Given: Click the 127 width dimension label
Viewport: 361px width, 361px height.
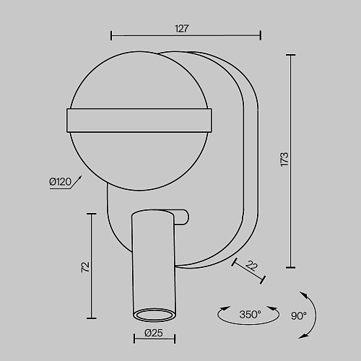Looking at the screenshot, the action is click(x=182, y=29).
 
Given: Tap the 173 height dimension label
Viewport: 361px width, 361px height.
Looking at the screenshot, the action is click(x=284, y=160).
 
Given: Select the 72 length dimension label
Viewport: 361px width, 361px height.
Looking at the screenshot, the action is click(x=85, y=267).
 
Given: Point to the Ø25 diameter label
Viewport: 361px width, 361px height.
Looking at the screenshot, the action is click(x=154, y=333).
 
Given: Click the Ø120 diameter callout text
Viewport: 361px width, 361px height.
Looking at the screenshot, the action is click(x=61, y=182).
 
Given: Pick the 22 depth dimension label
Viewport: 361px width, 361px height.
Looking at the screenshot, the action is click(x=251, y=266).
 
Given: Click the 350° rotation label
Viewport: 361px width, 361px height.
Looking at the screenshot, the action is click(x=250, y=314).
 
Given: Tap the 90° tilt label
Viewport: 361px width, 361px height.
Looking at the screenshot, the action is click(x=299, y=316).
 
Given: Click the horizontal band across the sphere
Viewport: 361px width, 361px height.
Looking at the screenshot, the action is click(x=139, y=121).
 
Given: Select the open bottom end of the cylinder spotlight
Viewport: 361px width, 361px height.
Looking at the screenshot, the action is click(x=154, y=315).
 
